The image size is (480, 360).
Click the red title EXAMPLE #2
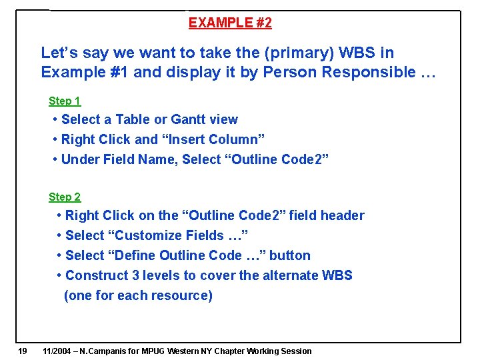tap(230, 23)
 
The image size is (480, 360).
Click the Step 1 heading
tap(64, 101)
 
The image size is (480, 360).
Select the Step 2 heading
tap(64, 197)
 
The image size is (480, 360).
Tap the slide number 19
tap(23, 351)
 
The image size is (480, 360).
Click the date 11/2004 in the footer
tap(57, 351)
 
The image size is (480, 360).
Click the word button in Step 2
tap(289, 255)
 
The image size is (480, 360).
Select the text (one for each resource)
tap(138, 295)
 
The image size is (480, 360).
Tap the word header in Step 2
tap(343, 215)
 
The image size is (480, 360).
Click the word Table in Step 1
tap(133, 120)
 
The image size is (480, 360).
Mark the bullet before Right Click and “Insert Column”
tap(54, 140)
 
